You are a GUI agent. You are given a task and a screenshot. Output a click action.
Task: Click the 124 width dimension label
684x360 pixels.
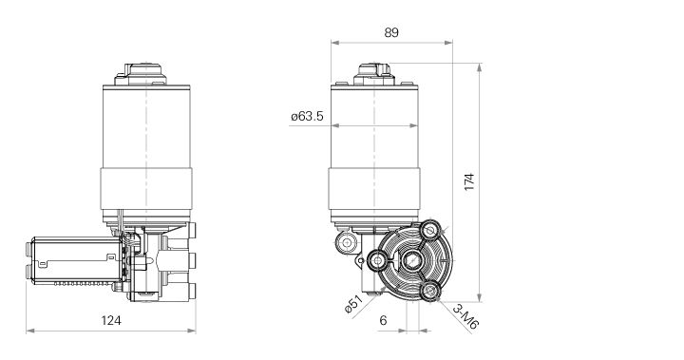(x=111, y=321)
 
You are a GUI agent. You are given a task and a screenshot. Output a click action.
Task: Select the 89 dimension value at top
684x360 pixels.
(x=390, y=31)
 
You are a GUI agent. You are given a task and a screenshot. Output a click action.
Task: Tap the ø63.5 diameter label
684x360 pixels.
(x=307, y=118)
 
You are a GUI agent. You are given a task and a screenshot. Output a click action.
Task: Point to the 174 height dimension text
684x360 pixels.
(x=468, y=183)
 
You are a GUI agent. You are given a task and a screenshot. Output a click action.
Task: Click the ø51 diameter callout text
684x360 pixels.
(x=353, y=307)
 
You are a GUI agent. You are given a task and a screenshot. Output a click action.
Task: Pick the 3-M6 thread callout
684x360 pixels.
(x=465, y=317)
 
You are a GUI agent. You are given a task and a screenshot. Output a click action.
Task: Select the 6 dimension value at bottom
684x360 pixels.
(x=383, y=321)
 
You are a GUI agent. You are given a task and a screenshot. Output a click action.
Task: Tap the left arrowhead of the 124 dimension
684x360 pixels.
(x=29, y=332)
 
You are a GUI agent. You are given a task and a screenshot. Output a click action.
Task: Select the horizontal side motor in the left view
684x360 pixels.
(x=71, y=259)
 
